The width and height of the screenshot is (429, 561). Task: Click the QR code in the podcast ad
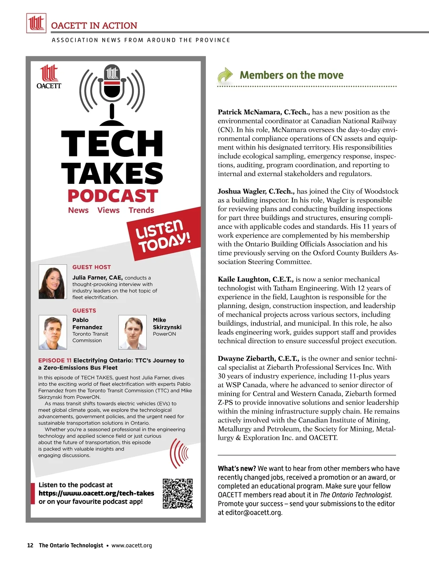(x=178, y=493)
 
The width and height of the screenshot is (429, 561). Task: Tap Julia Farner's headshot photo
(x=53, y=282)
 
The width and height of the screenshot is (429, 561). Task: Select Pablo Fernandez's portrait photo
(x=53, y=332)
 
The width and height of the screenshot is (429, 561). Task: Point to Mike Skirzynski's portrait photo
(x=132, y=332)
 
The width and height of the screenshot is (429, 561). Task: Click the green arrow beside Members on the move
(x=225, y=75)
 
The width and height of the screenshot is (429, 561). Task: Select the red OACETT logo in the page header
(x=36, y=23)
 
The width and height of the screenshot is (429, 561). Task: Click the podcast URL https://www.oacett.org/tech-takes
(x=96, y=493)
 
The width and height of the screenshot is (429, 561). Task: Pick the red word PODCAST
(x=113, y=196)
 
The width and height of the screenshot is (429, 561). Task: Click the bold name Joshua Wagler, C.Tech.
(x=256, y=191)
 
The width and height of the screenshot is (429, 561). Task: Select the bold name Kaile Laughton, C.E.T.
(x=256, y=279)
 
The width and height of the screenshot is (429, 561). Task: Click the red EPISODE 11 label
(x=55, y=360)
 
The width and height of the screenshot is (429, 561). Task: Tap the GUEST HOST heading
(x=92, y=267)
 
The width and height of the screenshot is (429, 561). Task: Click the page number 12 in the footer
(x=30, y=545)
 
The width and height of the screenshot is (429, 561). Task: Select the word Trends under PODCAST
(x=141, y=210)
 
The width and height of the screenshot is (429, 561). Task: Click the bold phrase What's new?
(x=237, y=468)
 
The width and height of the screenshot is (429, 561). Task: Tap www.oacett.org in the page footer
(x=132, y=545)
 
